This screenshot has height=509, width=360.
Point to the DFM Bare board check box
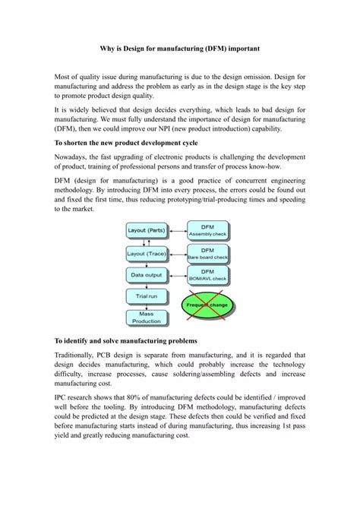click(207, 253)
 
